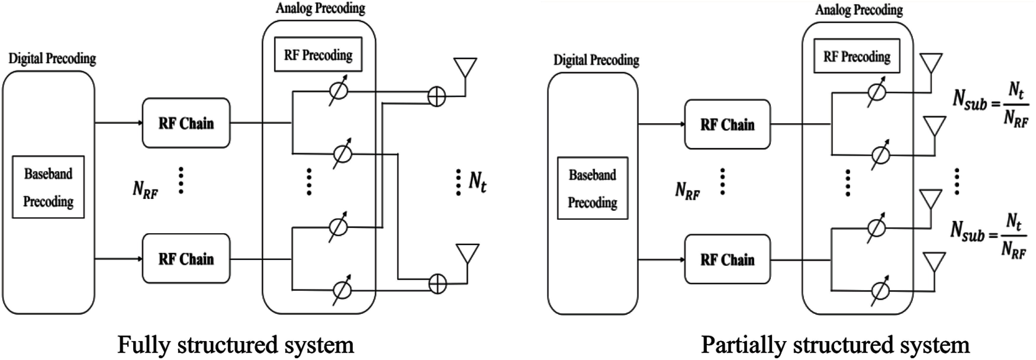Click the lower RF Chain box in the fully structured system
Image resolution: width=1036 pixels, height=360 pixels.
(x=186, y=259)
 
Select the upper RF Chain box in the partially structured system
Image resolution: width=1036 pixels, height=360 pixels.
(x=727, y=124)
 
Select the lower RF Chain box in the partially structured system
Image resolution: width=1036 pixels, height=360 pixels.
(x=727, y=259)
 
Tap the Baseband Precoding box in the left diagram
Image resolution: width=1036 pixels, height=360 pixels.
(x=48, y=187)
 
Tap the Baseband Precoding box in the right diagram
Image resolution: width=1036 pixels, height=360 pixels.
(x=592, y=188)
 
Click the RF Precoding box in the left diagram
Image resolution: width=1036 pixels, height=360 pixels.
(x=318, y=55)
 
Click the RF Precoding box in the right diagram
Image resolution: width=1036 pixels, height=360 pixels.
(x=857, y=56)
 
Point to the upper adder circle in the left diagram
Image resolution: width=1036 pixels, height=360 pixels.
(x=436, y=97)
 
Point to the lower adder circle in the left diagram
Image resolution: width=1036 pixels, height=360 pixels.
(x=437, y=284)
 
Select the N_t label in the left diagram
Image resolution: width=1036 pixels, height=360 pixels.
(x=477, y=182)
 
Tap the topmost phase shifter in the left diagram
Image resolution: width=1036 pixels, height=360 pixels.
(x=338, y=91)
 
